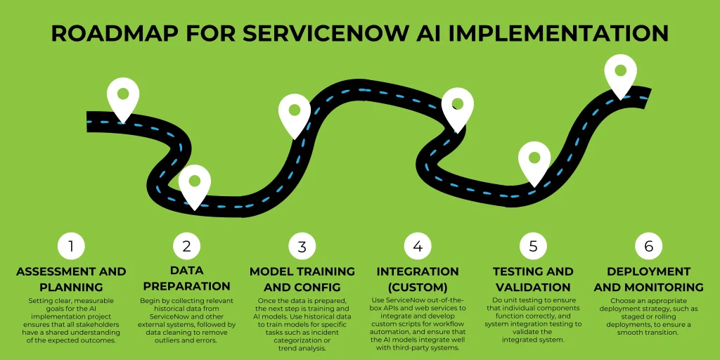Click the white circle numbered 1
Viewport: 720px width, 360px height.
click(x=71, y=246)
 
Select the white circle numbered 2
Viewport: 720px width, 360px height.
click(x=186, y=246)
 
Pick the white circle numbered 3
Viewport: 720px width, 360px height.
click(x=302, y=246)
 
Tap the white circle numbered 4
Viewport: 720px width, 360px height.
click(x=418, y=246)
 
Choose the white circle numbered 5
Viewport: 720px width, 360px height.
click(x=533, y=246)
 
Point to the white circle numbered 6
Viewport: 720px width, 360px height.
click(x=648, y=246)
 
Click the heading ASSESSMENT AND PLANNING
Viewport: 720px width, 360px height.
click(x=71, y=279)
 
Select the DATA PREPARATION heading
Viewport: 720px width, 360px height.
click(x=186, y=278)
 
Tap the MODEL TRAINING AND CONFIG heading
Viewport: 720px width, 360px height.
click(x=302, y=279)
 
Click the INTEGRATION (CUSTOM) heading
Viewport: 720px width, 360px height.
click(x=418, y=279)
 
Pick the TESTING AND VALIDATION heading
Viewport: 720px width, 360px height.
click(x=533, y=279)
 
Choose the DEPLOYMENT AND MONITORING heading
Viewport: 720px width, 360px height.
click(x=648, y=279)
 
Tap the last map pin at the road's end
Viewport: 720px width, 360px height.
click(x=620, y=74)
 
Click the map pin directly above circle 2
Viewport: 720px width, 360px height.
click(x=195, y=183)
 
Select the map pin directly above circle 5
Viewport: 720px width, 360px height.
click(x=534, y=160)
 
